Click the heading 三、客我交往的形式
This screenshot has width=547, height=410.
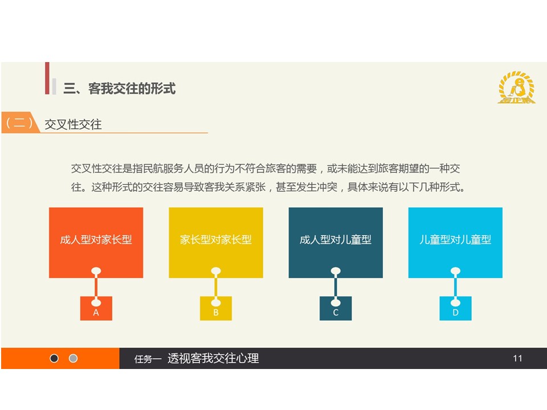tap(119, 89)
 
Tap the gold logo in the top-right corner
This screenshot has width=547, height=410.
tap(516, 87)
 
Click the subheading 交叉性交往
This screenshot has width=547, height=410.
tap(73, 125)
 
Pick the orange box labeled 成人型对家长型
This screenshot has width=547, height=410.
tap(96, 243)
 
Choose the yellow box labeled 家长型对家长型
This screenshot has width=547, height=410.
tap(216, 243)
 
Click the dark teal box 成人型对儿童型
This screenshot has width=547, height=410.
tap(336, 243)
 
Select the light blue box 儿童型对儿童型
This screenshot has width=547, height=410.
tap(455, 243)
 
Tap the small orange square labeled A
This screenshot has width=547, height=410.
tap(96, 308)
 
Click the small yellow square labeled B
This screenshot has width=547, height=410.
tap(216, 308)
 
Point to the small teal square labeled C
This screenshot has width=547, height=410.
tap(336, 308)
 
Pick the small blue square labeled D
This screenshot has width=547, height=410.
tap(455, 308)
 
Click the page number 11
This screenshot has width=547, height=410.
tap(518, 358)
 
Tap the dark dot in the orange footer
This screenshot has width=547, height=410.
tap(54, 358)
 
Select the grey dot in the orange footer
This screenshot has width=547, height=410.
tap(74, 358)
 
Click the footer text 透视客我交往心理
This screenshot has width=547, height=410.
tap(213, 358)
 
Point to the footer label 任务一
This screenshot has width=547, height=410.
tap(148, 359)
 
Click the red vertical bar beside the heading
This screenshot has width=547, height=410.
tap(47, 78)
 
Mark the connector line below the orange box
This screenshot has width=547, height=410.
tap(96, 286)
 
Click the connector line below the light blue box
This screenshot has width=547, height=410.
tap(455, 286)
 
